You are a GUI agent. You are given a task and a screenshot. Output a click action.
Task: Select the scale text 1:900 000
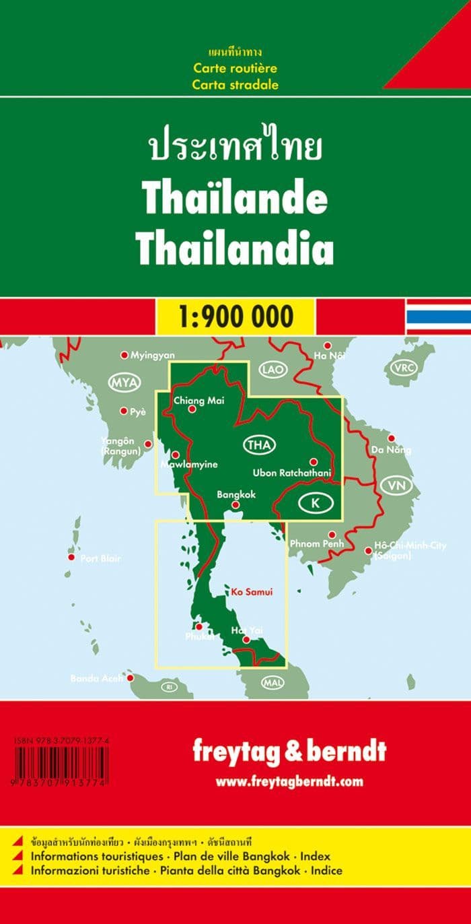click(x=235, y=316)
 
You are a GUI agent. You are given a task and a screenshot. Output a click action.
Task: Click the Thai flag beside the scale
click(x=437, y=316)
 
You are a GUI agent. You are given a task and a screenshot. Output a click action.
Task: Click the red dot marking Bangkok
click(x=235, y=504)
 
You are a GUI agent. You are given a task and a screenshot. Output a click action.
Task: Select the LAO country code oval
click(x=274, y=370)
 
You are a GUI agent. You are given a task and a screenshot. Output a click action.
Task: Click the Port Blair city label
click(x=100, y=558)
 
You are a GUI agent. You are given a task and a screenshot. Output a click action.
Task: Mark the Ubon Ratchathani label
click(x=293, y=473)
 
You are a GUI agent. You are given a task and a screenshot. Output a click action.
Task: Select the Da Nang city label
click(x=392, y=450)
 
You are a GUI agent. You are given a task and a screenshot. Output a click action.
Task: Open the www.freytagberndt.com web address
click(x=289, y=782)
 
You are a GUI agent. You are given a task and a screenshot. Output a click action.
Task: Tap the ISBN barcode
click(x=61, y=765)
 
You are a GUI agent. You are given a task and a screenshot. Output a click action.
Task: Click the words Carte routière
click(x=235, y=68)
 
